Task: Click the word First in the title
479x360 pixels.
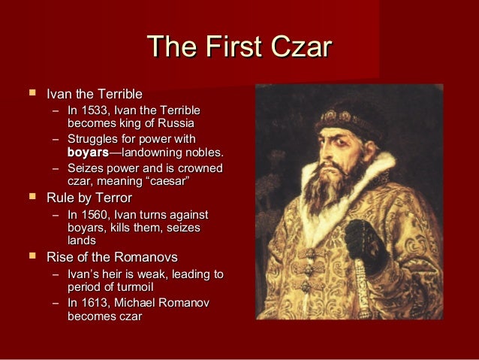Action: pyautogui.click(x=227, y=47)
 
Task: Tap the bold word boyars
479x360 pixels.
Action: pyautogui.click(x=88, y=153)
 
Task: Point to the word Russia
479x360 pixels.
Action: pyautogui.click(x=176, y=123)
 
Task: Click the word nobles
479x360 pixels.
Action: pyautogui.click(x=203, y=153)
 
